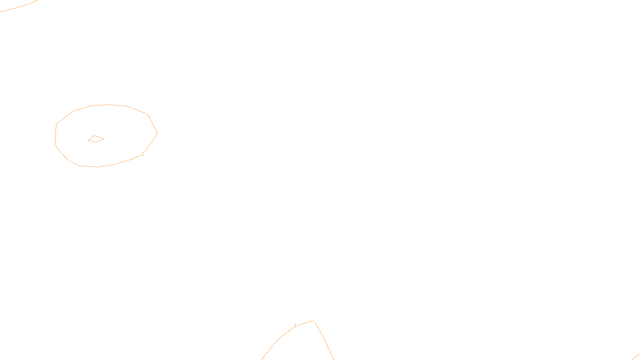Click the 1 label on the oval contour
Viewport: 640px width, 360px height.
[143, 154]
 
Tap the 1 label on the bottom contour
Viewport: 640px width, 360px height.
[295, 326]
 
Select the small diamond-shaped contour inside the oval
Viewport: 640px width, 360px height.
[96, 139]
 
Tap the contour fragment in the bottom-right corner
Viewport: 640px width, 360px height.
[636, 356]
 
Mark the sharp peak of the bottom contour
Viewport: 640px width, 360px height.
[313, 321]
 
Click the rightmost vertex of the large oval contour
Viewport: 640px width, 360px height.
[157, 133]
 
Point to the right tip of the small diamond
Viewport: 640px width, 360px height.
[104, 139]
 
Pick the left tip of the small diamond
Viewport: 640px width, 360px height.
[88, 140]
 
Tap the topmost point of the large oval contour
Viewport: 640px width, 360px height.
[109, 105]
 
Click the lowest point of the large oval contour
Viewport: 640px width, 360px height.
[97, 167]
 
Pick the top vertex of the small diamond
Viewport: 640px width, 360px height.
[94, 136]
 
